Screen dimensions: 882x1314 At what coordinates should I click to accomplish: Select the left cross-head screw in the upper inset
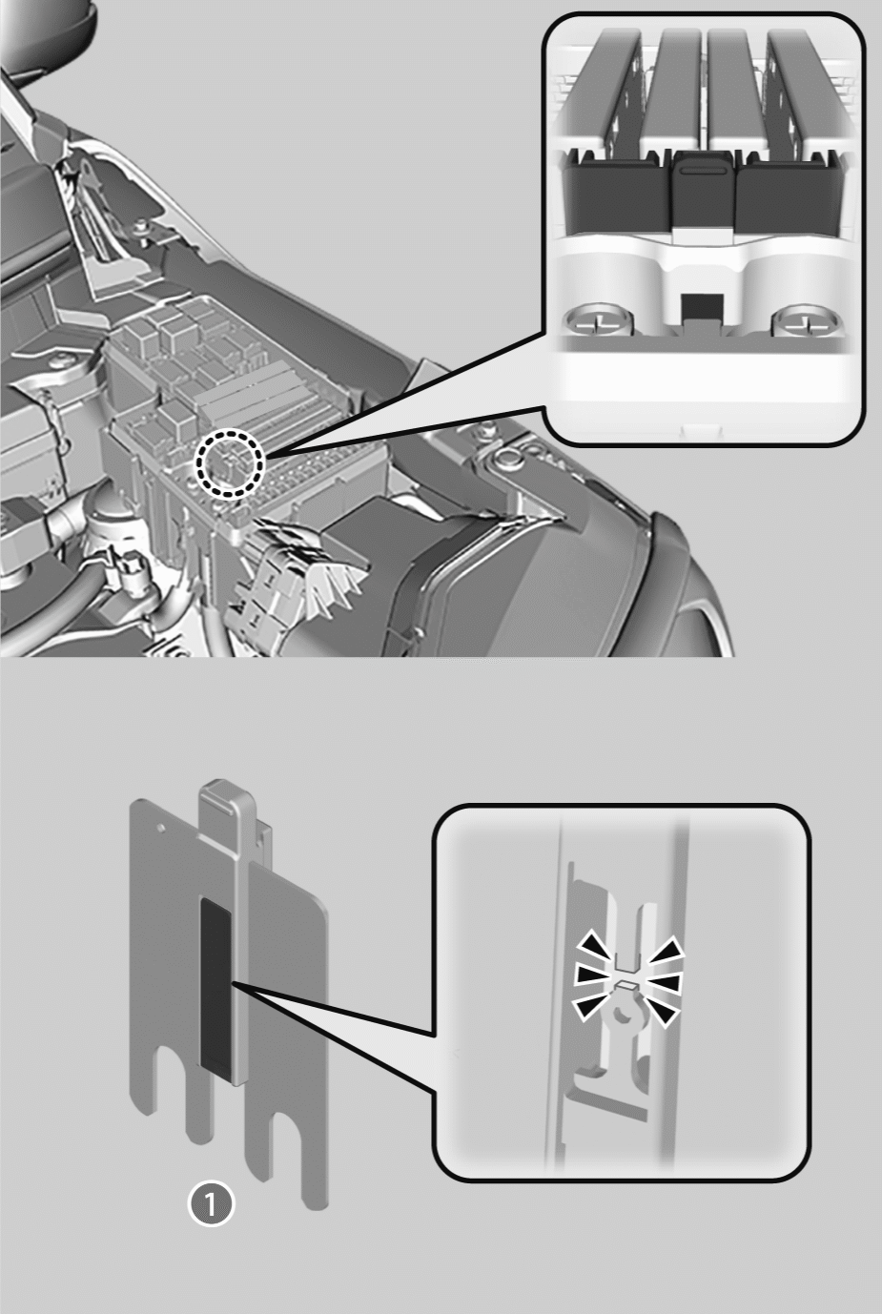[599, 321]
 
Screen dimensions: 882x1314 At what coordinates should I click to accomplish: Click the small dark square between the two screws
[702, 307]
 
